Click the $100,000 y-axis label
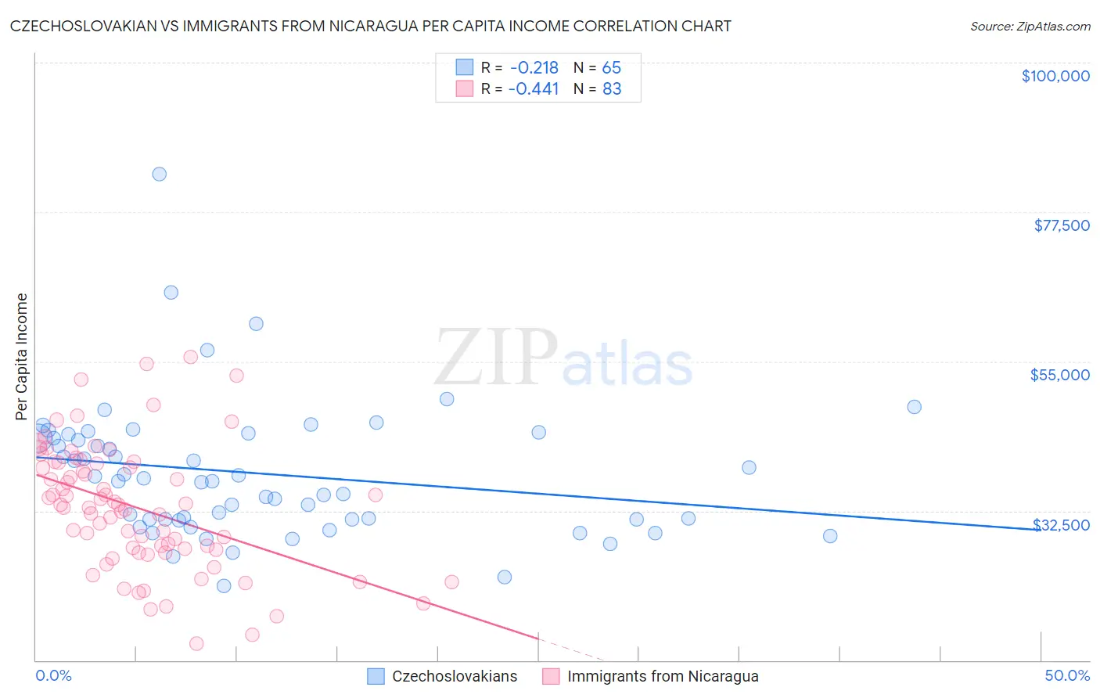click(x=1055, y=76)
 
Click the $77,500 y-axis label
click(x=1061, y=225)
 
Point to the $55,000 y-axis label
click(x=1059, y=375)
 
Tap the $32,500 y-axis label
click(x=1061, y=524)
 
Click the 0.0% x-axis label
click(x=53, y=675)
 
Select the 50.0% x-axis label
click(x=1067, y=675)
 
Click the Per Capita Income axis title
click(x=22, y=356)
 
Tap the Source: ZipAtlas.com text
click(x=1030, y=26)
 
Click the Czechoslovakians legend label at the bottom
click(x=455, y=676)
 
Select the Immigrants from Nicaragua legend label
click(x=663, y=676)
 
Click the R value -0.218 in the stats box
click(x=534, y=67)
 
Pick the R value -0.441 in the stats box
click(x=534, y=88)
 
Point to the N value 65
click(x=611, y=67)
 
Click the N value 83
click(x=611, y=88)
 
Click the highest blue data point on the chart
click(x=159, y=174)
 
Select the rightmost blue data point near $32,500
click(x=830, y=536)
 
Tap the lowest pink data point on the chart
click(x=196, y=643)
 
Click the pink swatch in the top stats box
click(x=465, y=88)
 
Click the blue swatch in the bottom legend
click(x=376, y=676)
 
